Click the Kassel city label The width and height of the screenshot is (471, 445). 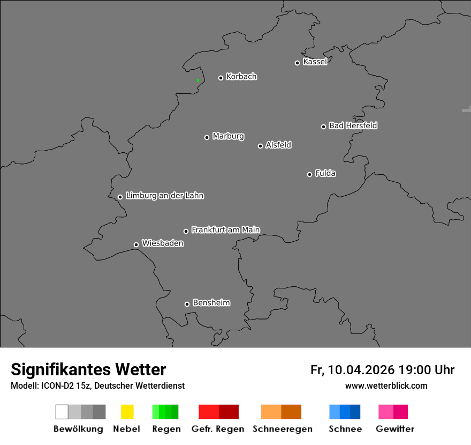click(x=315, y=62)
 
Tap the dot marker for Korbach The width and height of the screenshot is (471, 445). click(x=221, y=78)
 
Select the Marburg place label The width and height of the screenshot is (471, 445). click(x=228, y=136)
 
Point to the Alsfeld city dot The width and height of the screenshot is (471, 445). click(x=260, y=146)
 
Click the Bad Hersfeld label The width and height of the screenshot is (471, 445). click(x=353, y=125)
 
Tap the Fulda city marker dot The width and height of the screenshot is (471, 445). click(x=309, y=174)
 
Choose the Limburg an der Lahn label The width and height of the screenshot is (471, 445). click(x=164, y=196)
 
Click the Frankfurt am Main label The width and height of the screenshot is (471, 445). click(x=225, y=229)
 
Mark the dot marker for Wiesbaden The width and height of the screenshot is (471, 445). click(x=136, y=244)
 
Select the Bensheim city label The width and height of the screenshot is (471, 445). click(x=211, y=303)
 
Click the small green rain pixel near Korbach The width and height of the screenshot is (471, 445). click(x=197, y=80)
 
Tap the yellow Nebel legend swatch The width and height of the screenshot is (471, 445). click(x=127, y=412)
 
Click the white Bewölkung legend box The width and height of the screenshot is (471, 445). click(x=62, y=412)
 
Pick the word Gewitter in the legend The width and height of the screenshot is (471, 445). click(x=395, y=429)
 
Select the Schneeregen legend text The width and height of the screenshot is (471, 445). click(x=282, y=429)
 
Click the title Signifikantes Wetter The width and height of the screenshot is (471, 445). click(x=88, y=369)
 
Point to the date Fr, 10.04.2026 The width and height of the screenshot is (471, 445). click(x=352, y=370)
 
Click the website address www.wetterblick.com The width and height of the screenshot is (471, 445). click(x=386, y=386)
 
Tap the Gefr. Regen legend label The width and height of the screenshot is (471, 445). click(x=217, y=429)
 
